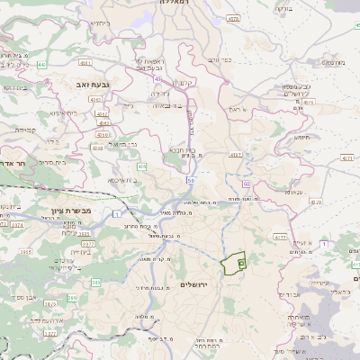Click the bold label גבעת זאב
tap(69, 83)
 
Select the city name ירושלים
tap(193, 284)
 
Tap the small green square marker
tap(241, 264)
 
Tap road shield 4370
tap(314, 202)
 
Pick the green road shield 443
tap(42, 65)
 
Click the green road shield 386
tap(96, 283)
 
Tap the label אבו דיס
tap(288, 294)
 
